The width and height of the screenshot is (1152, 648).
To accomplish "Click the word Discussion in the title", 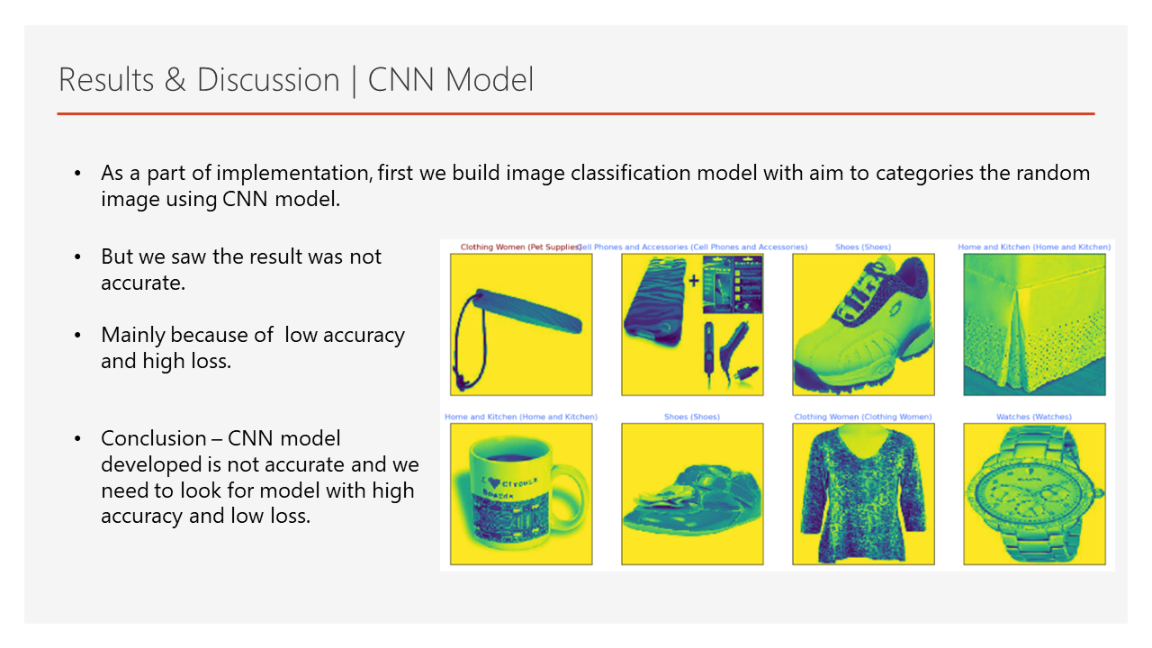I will point(268,80).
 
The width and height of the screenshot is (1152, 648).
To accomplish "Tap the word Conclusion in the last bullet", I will point(153,439).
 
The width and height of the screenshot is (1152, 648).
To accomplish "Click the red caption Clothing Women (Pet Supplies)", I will point(520,247).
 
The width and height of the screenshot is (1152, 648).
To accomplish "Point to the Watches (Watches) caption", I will point(1033,417).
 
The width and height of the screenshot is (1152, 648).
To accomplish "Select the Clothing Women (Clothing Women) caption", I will point(862,417).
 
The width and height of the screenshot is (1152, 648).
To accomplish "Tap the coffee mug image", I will point(520,494).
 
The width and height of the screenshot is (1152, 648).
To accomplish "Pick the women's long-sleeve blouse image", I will point(862,494).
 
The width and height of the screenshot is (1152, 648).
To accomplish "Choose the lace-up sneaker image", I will point(862,324).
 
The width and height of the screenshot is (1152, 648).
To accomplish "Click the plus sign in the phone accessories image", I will point(694,281).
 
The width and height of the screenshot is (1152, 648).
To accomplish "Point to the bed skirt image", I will point(1033,324).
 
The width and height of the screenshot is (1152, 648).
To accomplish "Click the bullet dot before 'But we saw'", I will point(78,257).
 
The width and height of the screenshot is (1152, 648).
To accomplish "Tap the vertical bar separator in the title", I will point(354,80).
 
